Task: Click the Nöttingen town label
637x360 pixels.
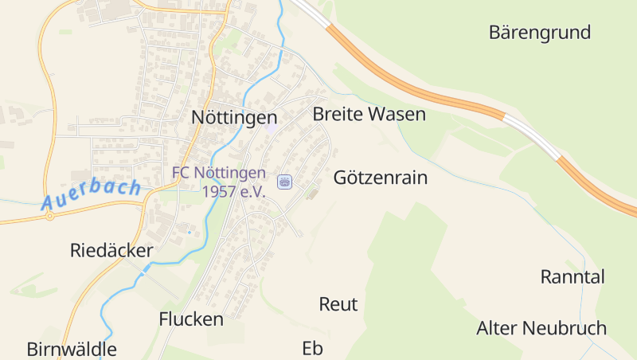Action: click(x=234, y=116)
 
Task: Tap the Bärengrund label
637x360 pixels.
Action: click(x=540, y=33)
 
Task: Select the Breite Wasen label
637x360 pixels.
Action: click(x=369, y=114)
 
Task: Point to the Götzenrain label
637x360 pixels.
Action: click(x=381, y=178)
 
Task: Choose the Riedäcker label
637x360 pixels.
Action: click(x=111, y=251)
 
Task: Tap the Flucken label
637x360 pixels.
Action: click(x=191, y=319)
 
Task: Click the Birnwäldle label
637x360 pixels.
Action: click(x=72, y=349)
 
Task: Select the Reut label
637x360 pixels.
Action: click(x=338, y=304)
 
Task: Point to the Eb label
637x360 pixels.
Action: click(x=312, y=348)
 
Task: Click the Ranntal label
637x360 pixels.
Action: click(x=573, y=277)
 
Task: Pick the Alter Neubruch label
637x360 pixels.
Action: click(x=541, y=328)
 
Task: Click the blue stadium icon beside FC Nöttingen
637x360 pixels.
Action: click(x=284, y=182)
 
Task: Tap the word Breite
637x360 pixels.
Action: click(x=337, y=114)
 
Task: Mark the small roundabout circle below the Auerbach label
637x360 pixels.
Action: click(x=49, y=216)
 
